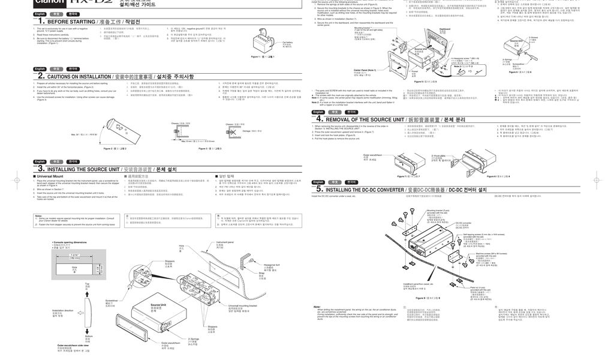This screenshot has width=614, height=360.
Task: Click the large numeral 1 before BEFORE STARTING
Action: point(40,21)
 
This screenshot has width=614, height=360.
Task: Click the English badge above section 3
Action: point(40,162)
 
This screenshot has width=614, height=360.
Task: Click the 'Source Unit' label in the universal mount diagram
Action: point(158,305)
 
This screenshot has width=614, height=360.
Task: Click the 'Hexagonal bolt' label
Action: point(272,265)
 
